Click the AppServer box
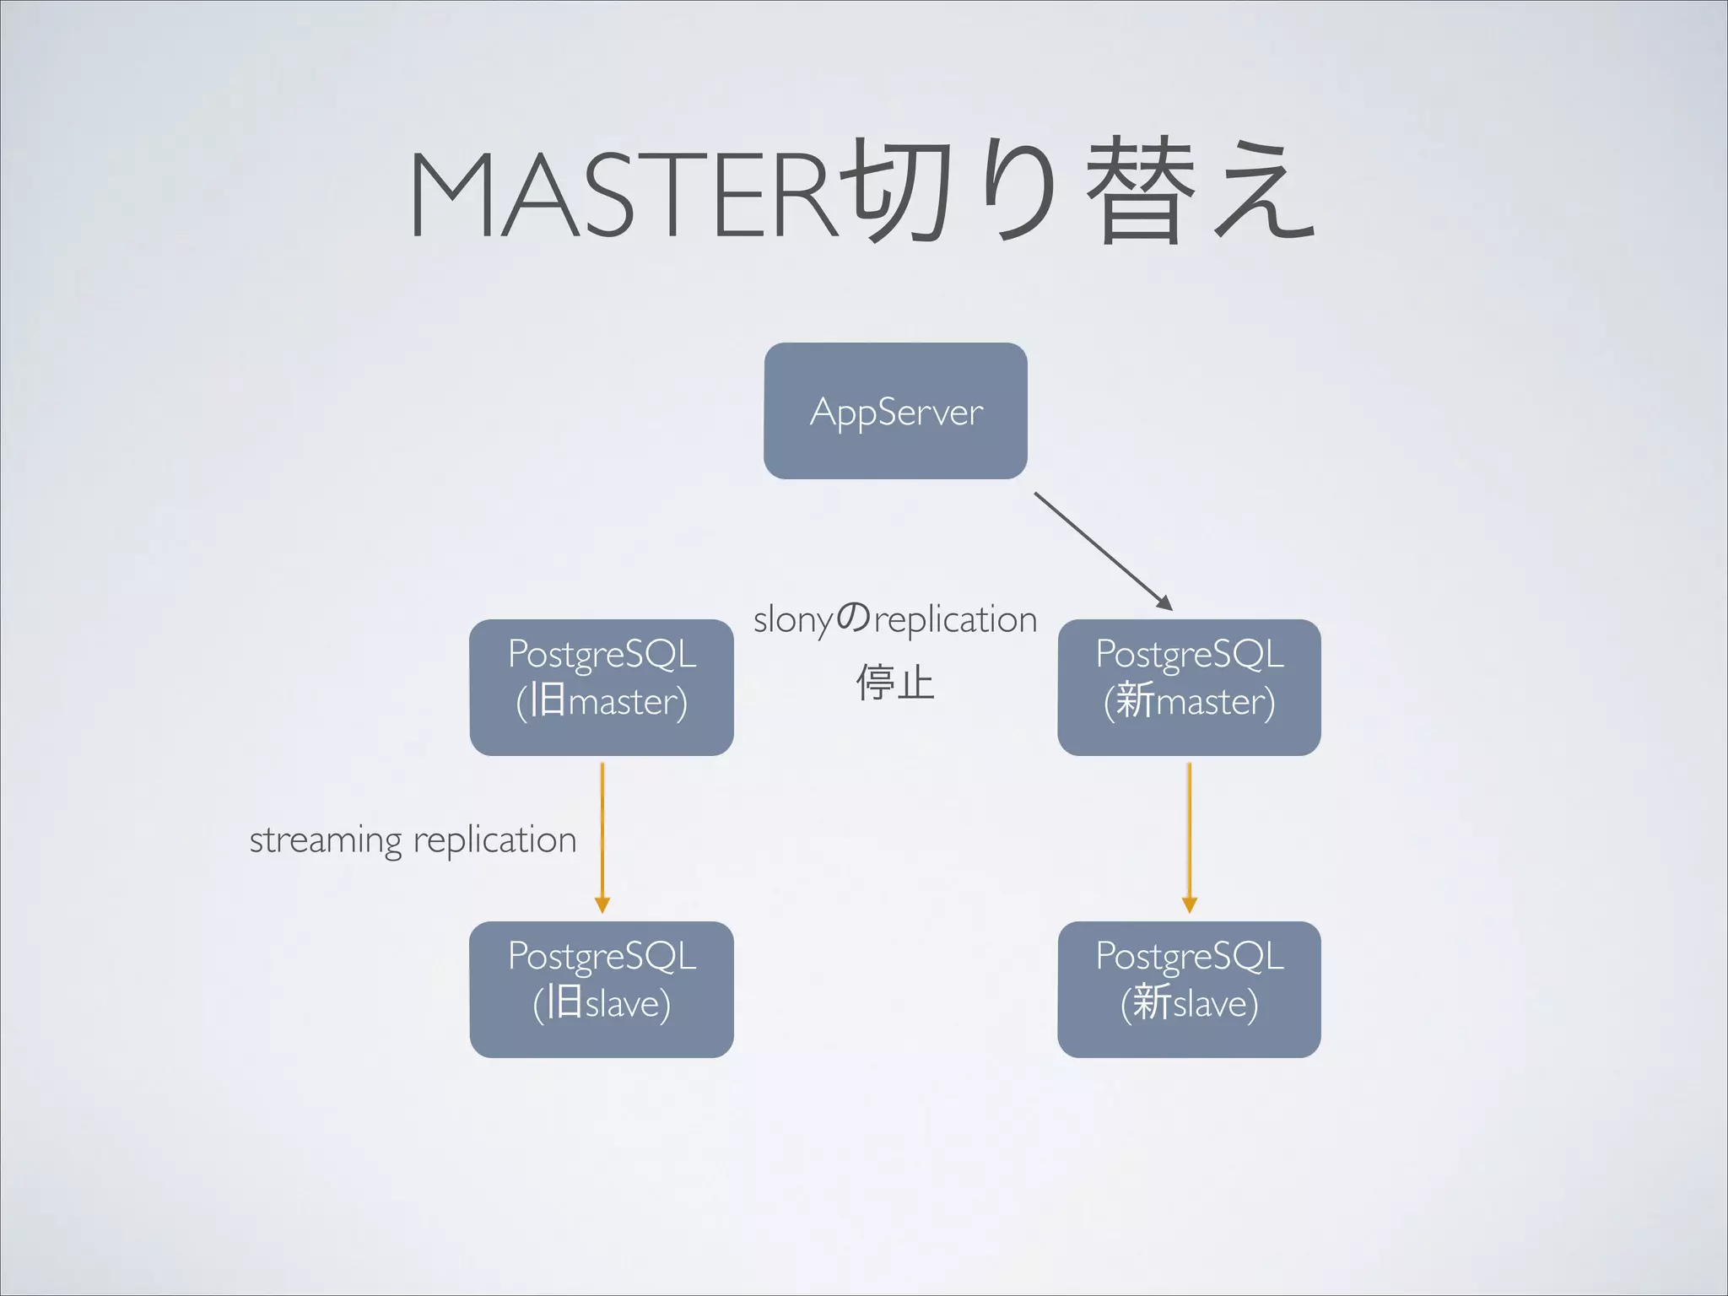(x=895, y=411)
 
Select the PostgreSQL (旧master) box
(x=602, y=687)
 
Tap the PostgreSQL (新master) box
(x=1189, y=687)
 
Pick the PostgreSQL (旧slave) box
(x=602, y=989)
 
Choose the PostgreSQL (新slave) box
(x=1189, y=989)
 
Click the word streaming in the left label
(x=326, y=840)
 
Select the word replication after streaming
(x=494, y=840)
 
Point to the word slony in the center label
(x=793, y=620)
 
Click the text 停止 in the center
(x=895, y=682)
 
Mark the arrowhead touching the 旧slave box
(x=602, y=904)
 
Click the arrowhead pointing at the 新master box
(x=1164, y=602)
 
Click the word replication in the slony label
(x=955, y=620)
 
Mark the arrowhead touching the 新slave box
(x=1189, y=904)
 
